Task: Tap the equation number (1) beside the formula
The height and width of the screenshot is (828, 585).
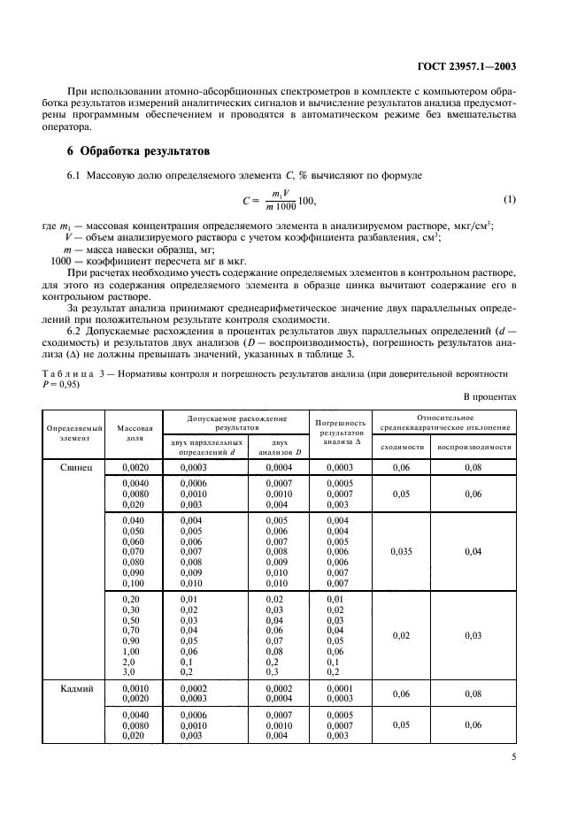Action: tap(508, 199)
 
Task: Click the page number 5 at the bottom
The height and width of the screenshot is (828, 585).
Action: tap(513, 756)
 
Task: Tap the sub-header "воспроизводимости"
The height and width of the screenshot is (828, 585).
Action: tap(474, 447)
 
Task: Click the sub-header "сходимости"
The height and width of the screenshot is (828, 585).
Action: tap(402, 447)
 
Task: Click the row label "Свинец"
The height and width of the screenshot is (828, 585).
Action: tap(75, 465)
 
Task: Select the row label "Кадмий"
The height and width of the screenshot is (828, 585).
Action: tap(75, 687)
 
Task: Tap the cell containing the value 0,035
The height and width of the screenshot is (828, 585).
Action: tap(402, 551)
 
